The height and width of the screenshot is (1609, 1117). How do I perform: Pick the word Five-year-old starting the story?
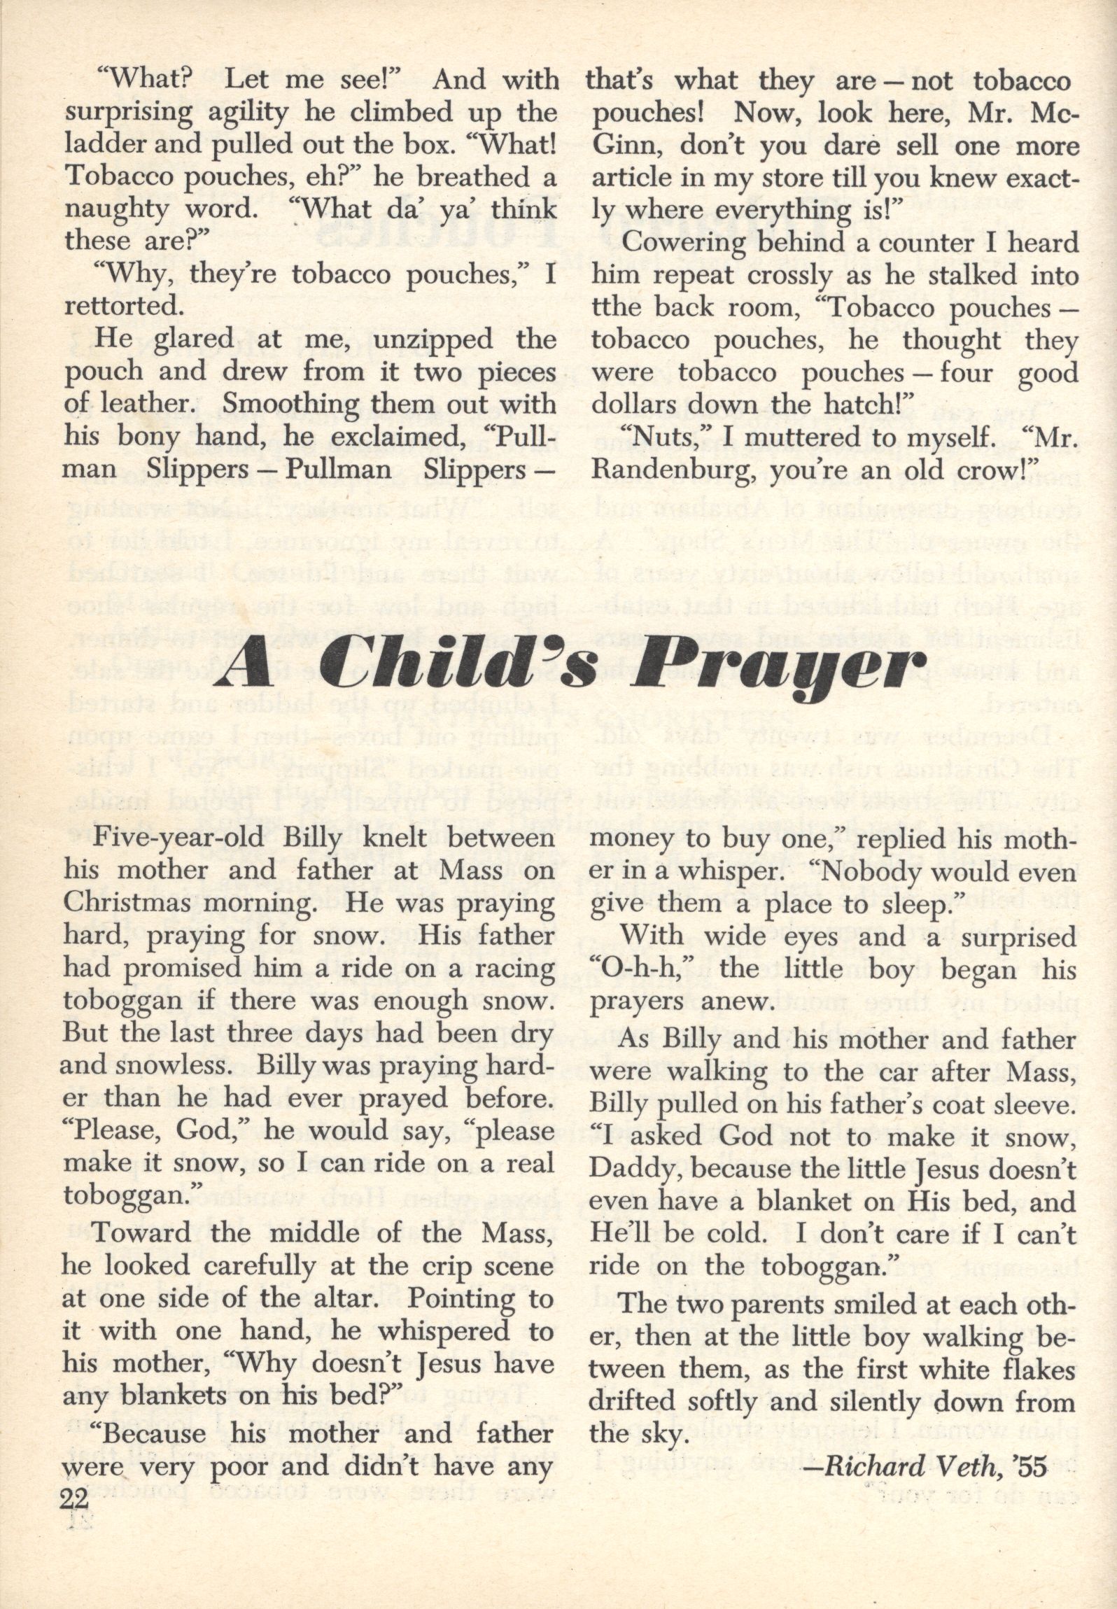point(176,840)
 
